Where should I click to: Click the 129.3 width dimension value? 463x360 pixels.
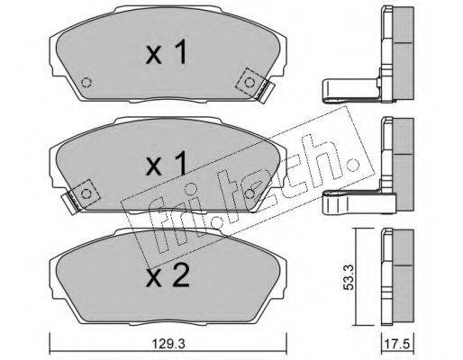coord(168,344)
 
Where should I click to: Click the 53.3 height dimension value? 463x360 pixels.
coord(349,277)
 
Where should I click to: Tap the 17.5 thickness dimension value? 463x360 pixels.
coord(398,344)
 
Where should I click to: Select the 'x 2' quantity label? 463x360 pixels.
coord(168,276)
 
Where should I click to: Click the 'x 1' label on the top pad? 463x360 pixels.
coord(166,52)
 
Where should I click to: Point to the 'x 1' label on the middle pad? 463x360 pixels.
coord(166,164)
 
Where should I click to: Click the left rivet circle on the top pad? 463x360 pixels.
coord(86,82)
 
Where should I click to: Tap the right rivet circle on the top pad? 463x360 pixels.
coord(249,82)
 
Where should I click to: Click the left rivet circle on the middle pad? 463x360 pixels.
coord(86,193)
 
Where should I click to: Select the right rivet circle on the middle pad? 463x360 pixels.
coord(250,193)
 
